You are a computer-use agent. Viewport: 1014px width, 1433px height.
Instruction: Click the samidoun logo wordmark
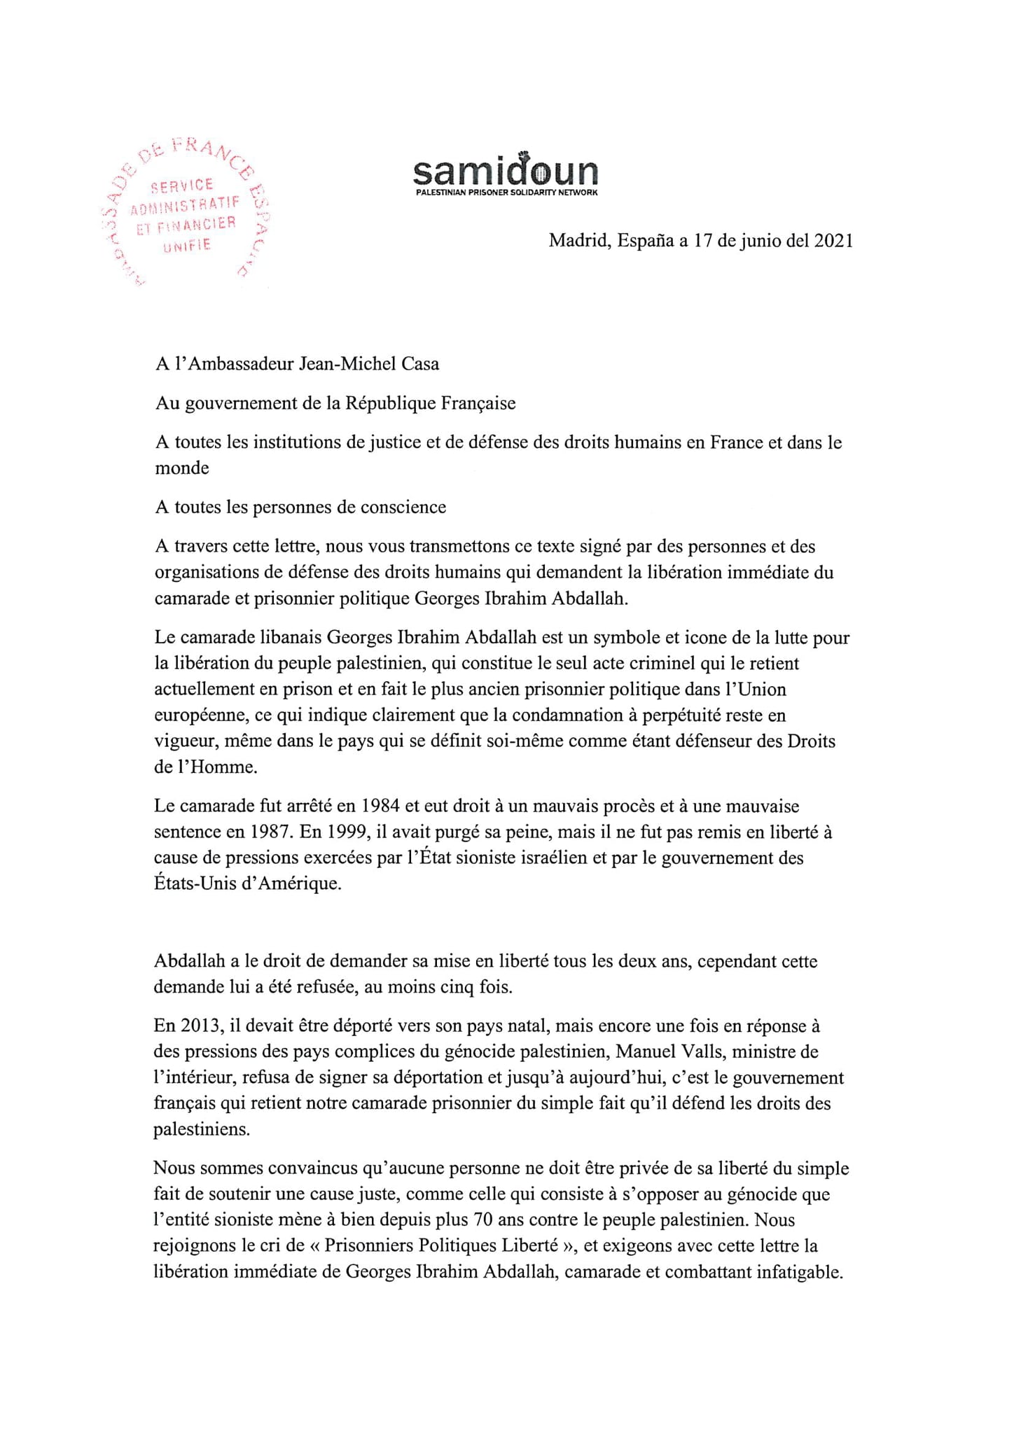click(505, 170)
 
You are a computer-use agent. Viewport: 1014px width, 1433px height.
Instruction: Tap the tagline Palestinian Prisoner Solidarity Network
click(506, 193)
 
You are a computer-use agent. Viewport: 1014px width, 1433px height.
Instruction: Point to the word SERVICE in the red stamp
click(183, 186)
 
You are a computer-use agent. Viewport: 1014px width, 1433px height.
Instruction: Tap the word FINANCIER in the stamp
click(203, 225)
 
